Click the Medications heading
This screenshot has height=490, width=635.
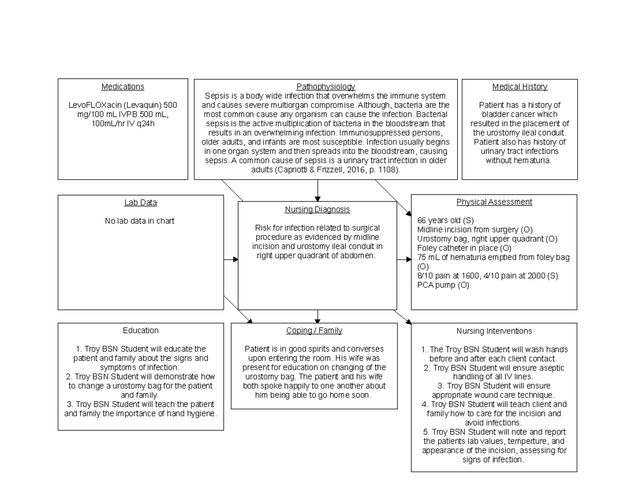123,87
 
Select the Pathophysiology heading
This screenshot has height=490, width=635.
325,86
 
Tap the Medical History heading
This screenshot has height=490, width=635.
520,87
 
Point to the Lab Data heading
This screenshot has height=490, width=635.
140,202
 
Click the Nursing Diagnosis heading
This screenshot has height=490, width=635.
317,209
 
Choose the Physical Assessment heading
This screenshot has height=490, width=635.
494,202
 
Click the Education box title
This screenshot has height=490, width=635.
140,330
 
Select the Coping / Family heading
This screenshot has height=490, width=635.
314,330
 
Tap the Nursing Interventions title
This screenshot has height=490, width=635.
494,331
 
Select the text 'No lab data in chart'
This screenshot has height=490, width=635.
140,221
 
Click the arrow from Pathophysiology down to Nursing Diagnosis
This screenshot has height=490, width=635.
317,190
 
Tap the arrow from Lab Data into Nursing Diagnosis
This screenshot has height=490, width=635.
231,260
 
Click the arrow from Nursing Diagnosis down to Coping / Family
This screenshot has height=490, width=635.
317,316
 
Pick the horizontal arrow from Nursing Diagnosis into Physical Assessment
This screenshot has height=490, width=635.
404,260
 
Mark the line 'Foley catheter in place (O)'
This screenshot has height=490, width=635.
464,248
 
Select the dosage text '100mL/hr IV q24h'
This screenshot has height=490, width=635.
123,124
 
